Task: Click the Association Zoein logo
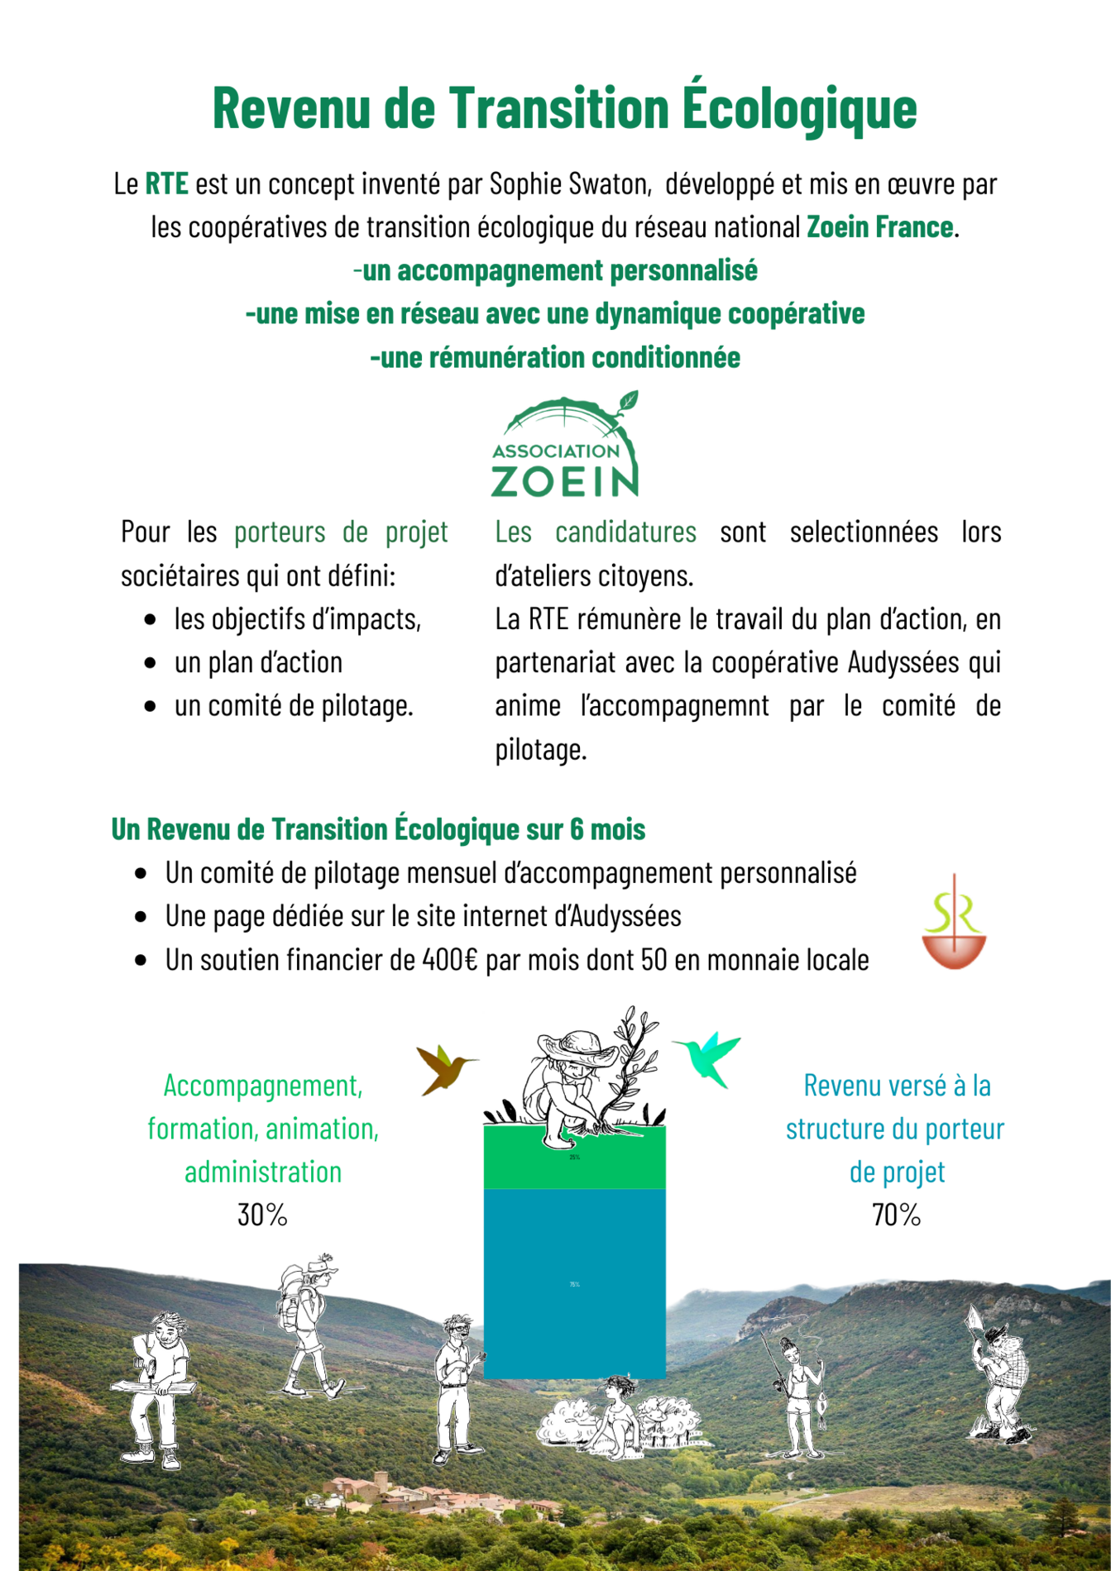[565, 447]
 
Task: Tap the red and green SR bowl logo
[954, 925]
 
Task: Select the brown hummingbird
[445, 1069]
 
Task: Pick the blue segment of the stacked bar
[574, 1282]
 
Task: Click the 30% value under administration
[262, 1215]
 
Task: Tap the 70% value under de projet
[896, 1215]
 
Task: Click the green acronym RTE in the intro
[166, 184]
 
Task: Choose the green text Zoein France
[879, 227]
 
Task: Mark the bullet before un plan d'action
[150, 663]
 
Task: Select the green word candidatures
[625, 532]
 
